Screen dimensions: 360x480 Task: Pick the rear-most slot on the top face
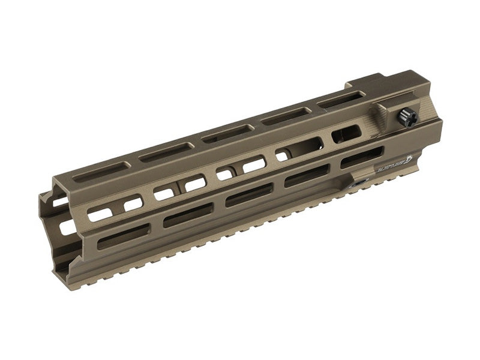coord(341,100)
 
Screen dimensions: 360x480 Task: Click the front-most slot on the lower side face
coord(124,236)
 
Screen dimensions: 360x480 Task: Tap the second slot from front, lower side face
coord(188,215)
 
